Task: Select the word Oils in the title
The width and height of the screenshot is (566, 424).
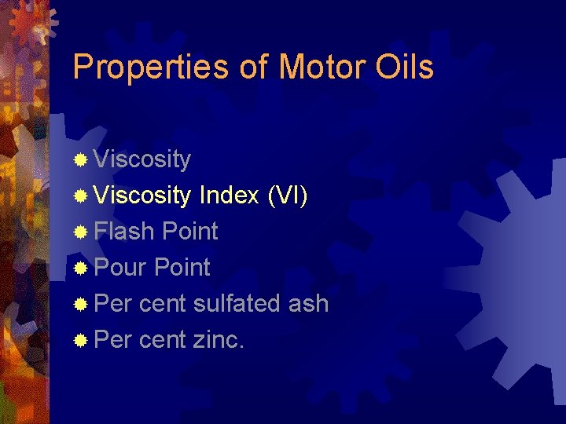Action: click(x=405, y=68)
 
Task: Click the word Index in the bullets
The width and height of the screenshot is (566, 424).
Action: click(x=229, y=196)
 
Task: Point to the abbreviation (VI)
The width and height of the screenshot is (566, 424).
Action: click(x=287, y=196)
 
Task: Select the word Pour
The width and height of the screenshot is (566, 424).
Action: click(x=120, y=268)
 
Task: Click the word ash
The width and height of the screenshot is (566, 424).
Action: click(x=308, y=304)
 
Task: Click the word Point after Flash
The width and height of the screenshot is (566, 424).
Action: click(x=189, y=232)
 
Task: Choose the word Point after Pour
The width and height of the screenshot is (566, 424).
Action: click(x=182, y=268)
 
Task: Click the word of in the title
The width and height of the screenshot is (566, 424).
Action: click(x=254, y=68)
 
